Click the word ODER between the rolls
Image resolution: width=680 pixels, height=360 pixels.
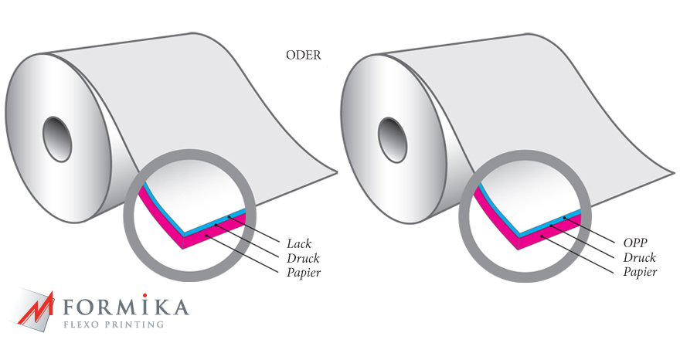tap(304, 55)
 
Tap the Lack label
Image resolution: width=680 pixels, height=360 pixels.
tap(299, 243)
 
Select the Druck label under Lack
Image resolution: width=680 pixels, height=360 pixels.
tap(303, 258)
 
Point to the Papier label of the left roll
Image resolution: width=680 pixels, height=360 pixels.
tap(304, 273)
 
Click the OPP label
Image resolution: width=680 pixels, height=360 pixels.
tap(635, 243)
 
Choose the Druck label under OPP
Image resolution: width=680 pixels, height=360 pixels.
tap(640, 257)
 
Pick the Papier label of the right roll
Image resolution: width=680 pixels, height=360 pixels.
tap(641, 272)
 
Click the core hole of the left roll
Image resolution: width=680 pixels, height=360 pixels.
tap(57, 139)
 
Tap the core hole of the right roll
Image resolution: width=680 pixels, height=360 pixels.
tap(393, 140)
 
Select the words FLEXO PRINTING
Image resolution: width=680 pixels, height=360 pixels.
tap(114, 324)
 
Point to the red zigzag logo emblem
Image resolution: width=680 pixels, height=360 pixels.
tap(36, 308)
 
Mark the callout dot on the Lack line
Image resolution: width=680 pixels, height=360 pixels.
tap(229, 216)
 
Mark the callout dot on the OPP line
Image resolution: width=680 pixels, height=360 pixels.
tap(565, 217)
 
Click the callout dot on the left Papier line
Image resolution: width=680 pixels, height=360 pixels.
tap(207, 236)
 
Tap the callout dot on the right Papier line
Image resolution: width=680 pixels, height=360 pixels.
tap(541, 236)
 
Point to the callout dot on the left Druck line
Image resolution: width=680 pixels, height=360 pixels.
tap(216, 225)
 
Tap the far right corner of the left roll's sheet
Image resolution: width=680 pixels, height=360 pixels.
tap(337, 172)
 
